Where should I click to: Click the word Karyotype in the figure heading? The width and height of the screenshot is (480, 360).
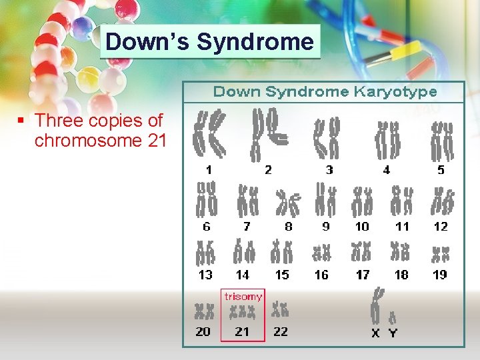click(394, 91)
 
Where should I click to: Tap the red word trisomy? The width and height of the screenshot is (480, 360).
click(243, 296)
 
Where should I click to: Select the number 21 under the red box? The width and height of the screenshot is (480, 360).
click(242, 331)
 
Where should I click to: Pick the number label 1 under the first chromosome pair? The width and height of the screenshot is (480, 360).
click(209, 170)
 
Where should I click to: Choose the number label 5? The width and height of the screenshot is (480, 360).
click(441, 170)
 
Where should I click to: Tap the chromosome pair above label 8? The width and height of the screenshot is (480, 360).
click(289, 201)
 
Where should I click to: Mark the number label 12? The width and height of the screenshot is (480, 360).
click(441, 227)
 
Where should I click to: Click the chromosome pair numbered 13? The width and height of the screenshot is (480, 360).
click(205, 252)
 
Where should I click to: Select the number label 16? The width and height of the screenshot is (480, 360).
click(321, 275)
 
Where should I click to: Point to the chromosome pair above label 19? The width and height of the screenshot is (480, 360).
click(440, 253)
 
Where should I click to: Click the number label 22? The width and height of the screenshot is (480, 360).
click(281, 331)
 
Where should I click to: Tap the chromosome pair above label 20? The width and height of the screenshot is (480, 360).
click(203, 311)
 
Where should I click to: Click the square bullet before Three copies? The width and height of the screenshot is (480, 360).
click(21, 121)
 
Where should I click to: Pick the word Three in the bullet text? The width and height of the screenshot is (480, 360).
click(57, 121)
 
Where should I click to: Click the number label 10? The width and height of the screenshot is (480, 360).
click(362, 227)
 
